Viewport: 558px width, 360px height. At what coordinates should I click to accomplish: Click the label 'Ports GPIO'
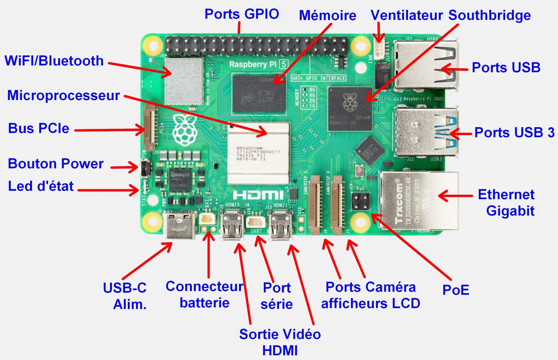click(x=242, y=14)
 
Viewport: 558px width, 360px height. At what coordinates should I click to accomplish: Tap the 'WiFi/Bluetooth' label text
click(x=54, y=61)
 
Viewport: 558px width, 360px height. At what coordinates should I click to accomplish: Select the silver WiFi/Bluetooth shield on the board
click(x=184, y=81)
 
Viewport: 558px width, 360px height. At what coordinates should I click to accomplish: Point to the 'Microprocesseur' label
click(x=64, y=95)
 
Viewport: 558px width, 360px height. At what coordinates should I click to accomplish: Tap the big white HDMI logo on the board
click(x=258, y=195)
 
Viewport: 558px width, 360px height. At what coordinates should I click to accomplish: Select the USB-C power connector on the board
click(x=180, y=225)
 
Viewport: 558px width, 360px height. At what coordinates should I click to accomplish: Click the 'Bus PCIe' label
click(x=39, y=128)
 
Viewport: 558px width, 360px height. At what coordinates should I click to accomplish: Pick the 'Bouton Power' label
click(x=56, y=163)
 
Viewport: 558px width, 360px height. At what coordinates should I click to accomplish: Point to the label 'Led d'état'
click(x=41, y=186)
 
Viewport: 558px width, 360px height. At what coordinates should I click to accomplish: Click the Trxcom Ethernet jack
click(x=418, y=201)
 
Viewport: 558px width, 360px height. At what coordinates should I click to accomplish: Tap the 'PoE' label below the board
click(x=456, y=290)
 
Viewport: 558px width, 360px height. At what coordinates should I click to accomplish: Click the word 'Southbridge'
click(x=489, y=15)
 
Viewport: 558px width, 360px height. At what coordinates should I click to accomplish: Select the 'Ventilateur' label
click(x=407, y=15)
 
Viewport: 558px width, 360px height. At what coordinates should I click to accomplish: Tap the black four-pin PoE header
click(x=360, y=201)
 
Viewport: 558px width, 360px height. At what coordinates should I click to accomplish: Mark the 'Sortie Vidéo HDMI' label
click(x=280, y=342)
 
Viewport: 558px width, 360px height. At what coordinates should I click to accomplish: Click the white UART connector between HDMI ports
click(x=256, y=221)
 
